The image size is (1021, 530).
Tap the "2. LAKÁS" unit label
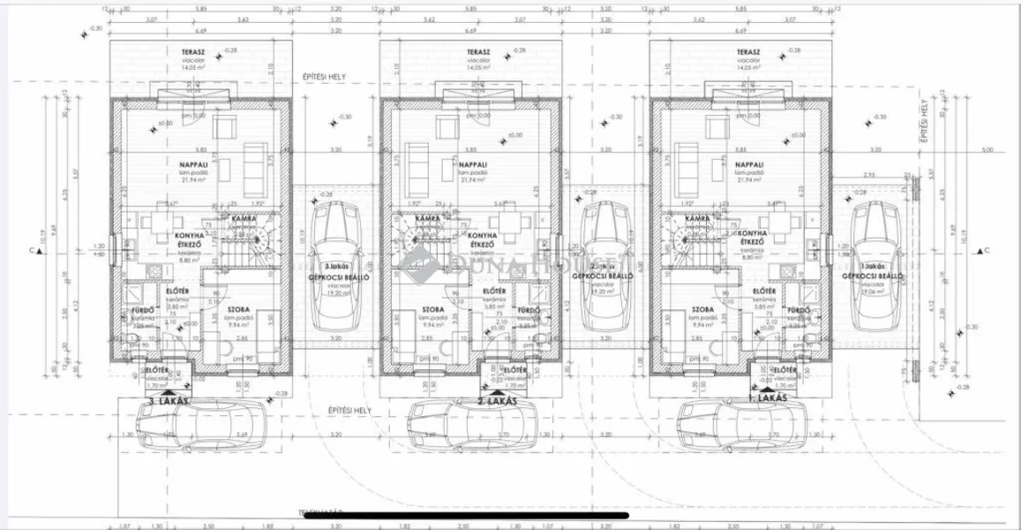click(x=495, y=403)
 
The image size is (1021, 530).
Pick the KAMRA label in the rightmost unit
click(x=697, y=217)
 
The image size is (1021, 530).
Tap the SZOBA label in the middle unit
click(x=433, y=310)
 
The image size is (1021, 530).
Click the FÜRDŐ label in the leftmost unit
click(x=144, y=310)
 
